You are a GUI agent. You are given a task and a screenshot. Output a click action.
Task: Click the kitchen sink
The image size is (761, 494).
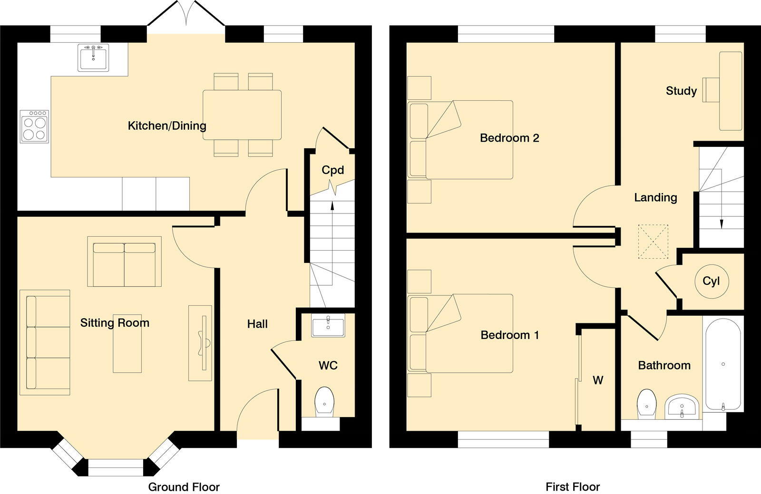[93, 57]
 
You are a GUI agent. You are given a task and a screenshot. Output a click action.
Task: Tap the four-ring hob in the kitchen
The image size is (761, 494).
[34, 126]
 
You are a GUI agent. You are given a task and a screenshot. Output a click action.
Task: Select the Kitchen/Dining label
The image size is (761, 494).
[167, 126]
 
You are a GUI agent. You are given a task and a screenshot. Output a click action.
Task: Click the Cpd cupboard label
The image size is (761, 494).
[332, 170]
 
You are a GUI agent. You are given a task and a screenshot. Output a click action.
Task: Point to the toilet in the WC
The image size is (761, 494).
[325, 400]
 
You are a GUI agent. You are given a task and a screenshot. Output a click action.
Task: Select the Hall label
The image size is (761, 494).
[257, 324]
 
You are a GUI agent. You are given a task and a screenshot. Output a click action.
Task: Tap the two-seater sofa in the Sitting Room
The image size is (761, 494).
[124, 262]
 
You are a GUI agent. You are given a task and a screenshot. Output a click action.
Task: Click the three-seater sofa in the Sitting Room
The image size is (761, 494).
[45, 342]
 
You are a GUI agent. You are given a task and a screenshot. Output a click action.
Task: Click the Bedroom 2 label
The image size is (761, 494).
[509, 138]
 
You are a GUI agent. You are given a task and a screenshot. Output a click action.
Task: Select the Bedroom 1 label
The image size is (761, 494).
[510, 335]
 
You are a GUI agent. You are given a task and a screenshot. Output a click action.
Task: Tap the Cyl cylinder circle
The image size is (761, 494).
[711, 281]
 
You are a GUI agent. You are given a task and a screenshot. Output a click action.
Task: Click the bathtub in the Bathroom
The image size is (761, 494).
[723, 365]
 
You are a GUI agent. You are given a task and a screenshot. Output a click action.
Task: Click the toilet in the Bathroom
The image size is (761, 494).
[646, 403]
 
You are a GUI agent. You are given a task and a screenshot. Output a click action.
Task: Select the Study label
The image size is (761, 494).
[681, 91]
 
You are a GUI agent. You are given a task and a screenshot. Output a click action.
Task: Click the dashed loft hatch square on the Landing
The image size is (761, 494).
[653, 242]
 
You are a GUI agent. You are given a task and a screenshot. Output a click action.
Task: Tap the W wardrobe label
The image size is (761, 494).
[598, 380]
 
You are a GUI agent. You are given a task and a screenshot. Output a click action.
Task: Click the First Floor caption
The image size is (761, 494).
[573, 487]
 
